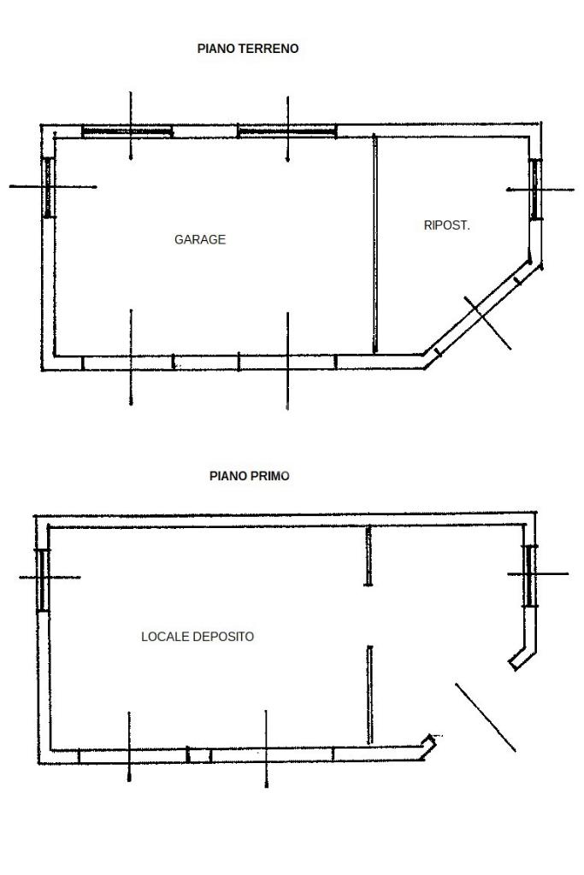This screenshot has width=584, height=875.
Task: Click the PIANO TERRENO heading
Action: [248, 49]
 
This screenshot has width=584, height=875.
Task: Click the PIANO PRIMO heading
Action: [250, 476]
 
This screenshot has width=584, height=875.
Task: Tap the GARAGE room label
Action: [200, 239]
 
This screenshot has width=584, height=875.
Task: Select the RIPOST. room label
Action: [446, 226]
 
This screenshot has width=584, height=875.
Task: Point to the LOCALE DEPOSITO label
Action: [198, 637]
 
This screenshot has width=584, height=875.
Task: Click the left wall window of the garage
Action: [49, 186]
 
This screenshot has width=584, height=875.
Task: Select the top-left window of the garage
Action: [127, 132]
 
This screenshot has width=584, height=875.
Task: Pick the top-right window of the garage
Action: [286, 132]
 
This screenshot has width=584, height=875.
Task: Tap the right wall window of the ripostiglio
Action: [534, 189]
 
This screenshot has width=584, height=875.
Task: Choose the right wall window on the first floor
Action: [530, 575]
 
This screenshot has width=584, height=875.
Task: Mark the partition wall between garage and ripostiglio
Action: [375, 244]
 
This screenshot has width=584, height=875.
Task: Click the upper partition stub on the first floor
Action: [369, 556]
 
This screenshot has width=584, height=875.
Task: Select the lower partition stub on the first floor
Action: [369, 694]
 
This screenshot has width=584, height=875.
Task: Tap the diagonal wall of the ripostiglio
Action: [479, 317]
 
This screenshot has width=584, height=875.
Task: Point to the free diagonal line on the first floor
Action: [485, 717]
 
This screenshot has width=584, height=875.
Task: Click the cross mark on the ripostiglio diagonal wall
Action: [487, 322]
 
